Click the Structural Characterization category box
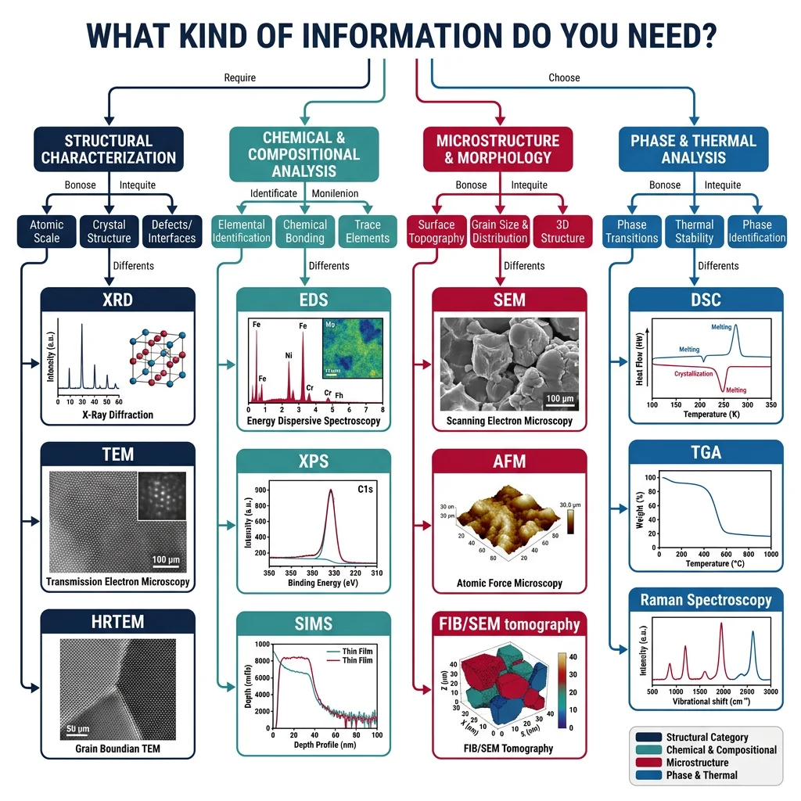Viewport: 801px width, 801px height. pos(109,149)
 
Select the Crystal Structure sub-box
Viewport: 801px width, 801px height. pos(109,232)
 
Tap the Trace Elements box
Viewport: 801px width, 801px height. pos(367,232)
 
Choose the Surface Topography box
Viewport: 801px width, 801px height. pos(436,232)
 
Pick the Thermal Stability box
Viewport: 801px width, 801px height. pos(694,232)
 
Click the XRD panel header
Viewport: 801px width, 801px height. pos(117,300)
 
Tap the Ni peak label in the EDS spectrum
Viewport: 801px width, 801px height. pos(289,356)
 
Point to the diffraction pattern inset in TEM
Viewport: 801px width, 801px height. pos(161,495)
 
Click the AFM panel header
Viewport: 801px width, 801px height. pos(509,461)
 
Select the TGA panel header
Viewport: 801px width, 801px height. pos(706,453)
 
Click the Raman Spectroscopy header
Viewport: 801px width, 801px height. pos(706,600)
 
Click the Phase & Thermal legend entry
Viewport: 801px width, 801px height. pos(701,775)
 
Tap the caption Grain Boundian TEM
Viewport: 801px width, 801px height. pos(117,749)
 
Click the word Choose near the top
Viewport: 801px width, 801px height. pos(564,77)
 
